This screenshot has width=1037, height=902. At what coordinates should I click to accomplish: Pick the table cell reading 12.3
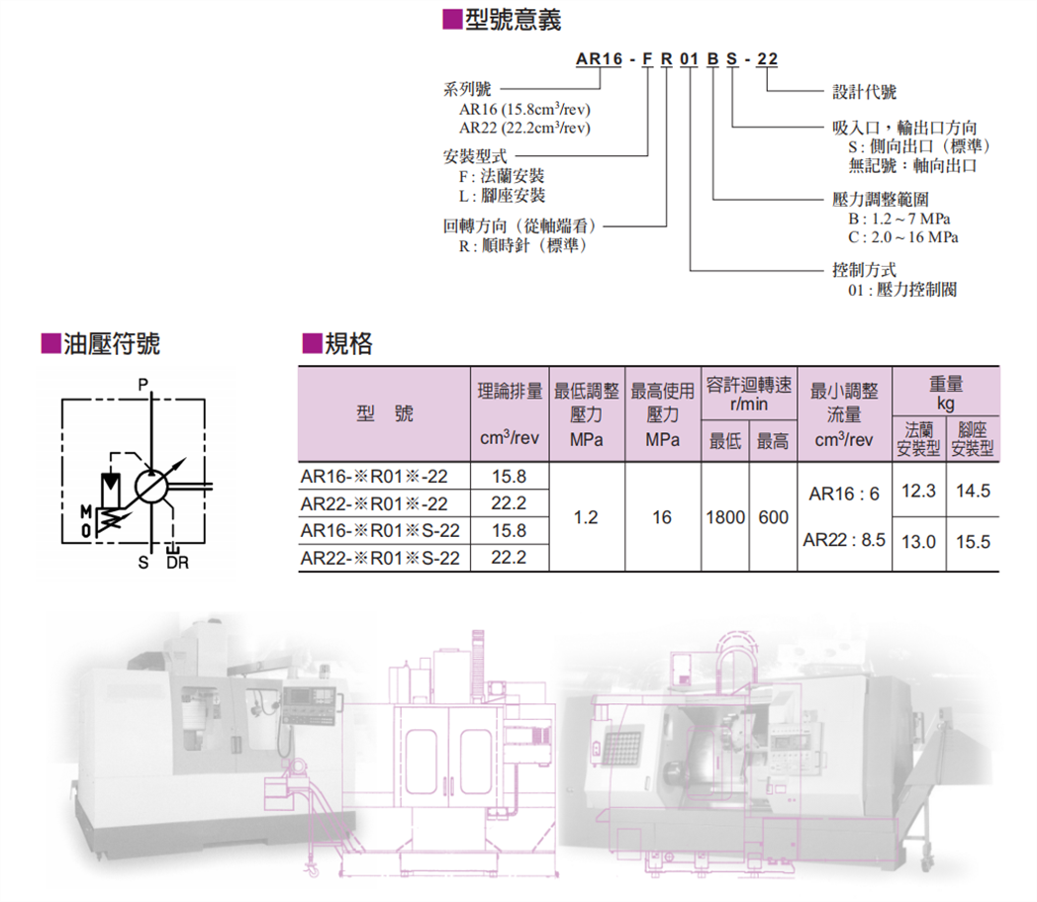(919, 491)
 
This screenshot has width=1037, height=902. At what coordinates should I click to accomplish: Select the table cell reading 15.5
(972, 542)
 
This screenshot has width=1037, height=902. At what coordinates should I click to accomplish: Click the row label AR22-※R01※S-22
(381, 558)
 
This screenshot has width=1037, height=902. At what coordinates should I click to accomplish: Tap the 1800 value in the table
(725, 517)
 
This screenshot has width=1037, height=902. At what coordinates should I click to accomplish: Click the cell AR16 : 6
(843, 493)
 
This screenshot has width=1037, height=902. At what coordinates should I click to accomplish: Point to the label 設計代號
(864, 92)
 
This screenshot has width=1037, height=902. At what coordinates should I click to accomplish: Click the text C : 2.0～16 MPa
(902, 237)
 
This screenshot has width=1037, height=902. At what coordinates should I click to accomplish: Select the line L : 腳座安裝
(502, 196)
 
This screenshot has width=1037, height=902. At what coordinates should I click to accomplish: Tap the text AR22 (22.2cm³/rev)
(524, 128)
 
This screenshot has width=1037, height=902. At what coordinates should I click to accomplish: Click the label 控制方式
(865, 269)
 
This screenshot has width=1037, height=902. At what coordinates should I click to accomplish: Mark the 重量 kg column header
(946, 392)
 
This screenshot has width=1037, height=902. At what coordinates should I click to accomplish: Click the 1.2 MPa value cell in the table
(586, 517)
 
